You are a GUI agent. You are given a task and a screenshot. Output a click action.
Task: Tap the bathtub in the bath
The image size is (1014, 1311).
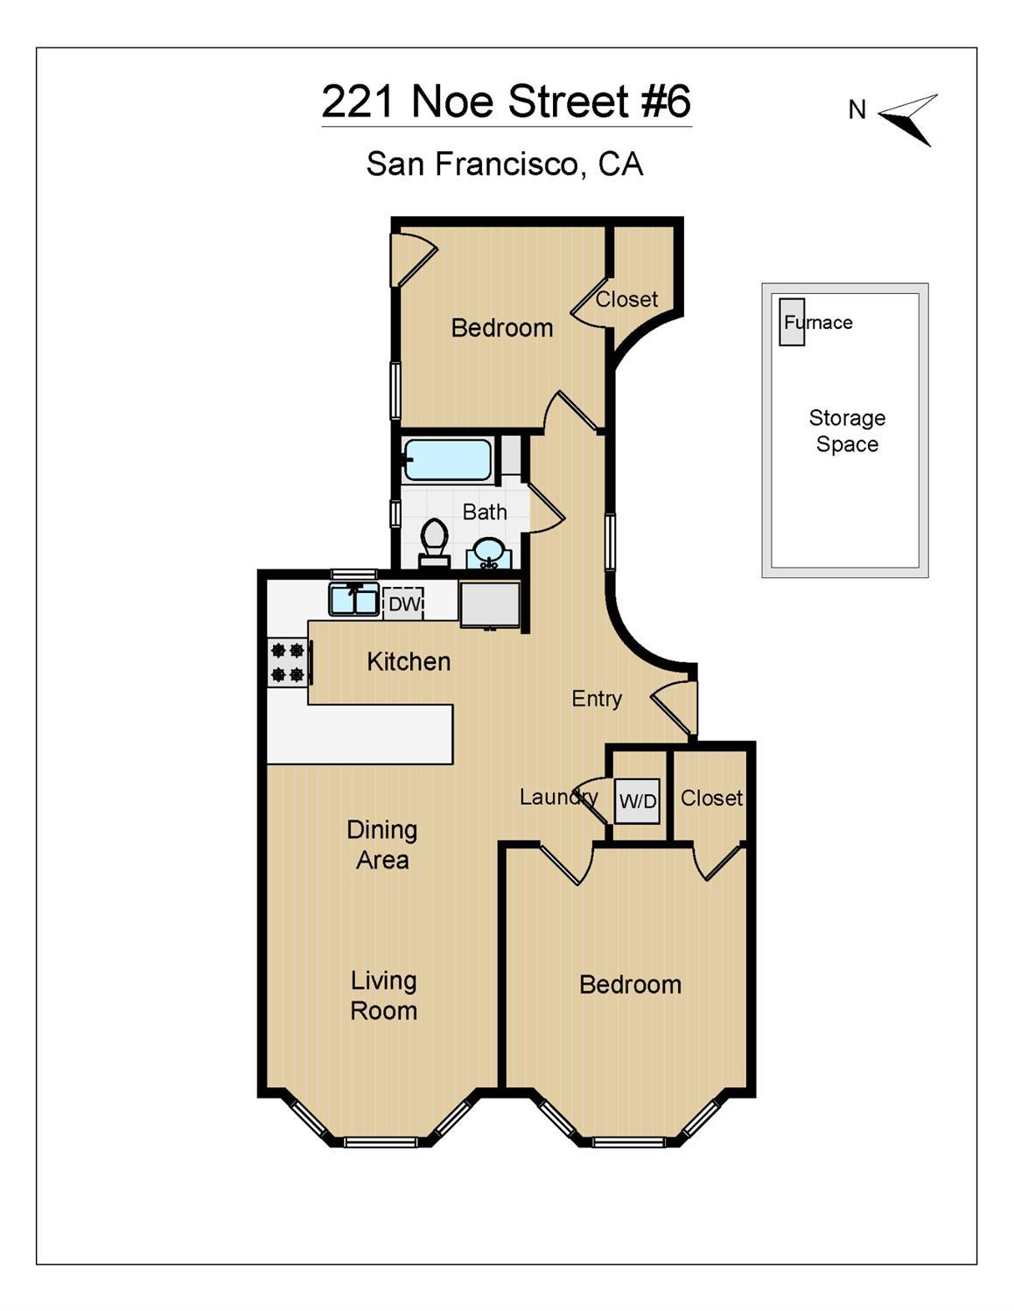point(447,460)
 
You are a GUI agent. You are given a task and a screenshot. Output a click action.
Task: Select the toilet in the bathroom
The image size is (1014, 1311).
point(434,542)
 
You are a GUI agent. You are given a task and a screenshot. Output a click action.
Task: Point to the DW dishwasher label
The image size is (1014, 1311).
point(404,603)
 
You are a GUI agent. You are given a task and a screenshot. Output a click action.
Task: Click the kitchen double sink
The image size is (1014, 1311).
point(354,599)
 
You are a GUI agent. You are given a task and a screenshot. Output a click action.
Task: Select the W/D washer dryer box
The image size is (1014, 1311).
point(638,801)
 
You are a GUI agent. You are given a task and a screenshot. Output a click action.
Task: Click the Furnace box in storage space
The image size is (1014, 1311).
point(791,322)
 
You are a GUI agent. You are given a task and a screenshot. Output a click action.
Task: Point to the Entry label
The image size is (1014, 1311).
point(597,699)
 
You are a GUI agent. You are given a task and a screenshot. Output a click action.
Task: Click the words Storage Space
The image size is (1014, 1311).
point(847,431)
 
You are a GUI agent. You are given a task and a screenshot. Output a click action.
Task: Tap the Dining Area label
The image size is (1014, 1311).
point(382,845)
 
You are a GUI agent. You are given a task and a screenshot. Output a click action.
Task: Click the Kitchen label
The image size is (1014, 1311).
point(409,662)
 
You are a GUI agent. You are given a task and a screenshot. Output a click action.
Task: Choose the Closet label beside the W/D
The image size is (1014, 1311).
point(711,798)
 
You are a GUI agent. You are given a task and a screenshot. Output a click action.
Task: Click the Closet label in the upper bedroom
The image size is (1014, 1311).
point(626,299)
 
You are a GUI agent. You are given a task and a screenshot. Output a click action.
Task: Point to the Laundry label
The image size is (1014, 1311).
point(559,798)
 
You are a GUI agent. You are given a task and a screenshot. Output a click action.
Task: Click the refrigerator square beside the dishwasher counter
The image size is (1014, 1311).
point(489,604)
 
